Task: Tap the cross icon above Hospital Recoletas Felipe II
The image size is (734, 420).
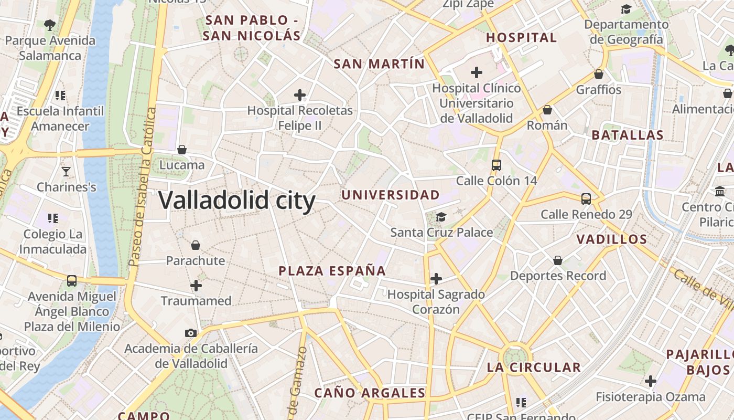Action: point(300,95)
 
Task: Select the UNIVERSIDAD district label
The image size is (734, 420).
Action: point(391,195)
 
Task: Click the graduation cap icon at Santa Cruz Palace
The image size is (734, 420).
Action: point(441,217)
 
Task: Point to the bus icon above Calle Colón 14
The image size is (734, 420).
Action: point(496,165)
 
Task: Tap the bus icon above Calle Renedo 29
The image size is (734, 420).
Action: point(586,199)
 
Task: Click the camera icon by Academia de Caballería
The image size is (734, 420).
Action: point(191,333)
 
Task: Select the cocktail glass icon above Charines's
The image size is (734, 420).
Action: point(66,171)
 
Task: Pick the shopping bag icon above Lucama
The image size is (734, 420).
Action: point(182,150)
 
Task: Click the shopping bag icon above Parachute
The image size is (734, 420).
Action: point(196,245)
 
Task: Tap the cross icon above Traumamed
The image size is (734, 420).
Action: point(196,286)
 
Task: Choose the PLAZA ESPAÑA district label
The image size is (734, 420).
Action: point(332,271)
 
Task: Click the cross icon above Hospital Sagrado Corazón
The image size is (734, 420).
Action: point(436,279)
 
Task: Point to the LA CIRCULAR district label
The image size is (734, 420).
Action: point(534,367)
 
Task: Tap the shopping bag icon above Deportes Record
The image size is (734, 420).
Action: point(558,260)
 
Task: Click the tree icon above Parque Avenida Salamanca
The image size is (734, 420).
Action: point(50,25)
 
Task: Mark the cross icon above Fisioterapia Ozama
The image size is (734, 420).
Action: point(651,381)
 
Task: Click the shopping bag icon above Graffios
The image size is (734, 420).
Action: point(599,74)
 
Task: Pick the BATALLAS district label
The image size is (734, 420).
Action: point(628,135)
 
